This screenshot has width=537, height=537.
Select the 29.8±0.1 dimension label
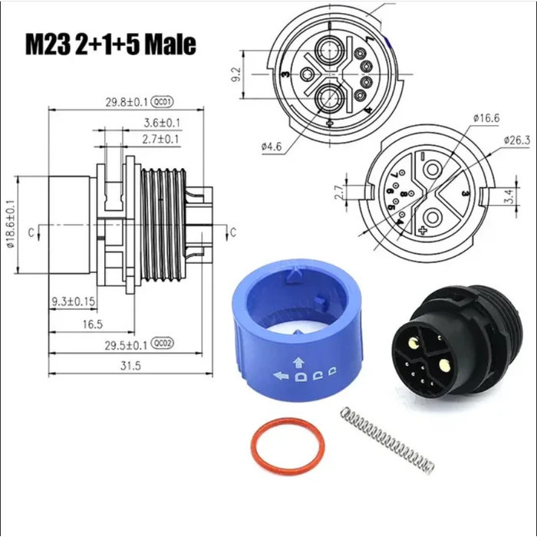pyautogui.click(x=127, y=100)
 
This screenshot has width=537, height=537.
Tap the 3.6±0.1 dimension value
pyautogui.click(x=162, y=123)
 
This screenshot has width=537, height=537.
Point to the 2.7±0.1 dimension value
pyautogui.click(x=162, y=138)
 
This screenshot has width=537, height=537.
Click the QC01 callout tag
pyautogui.click(x=163, y=100)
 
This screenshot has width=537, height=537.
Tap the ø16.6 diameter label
pyautogui.click(x=486, y=117)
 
